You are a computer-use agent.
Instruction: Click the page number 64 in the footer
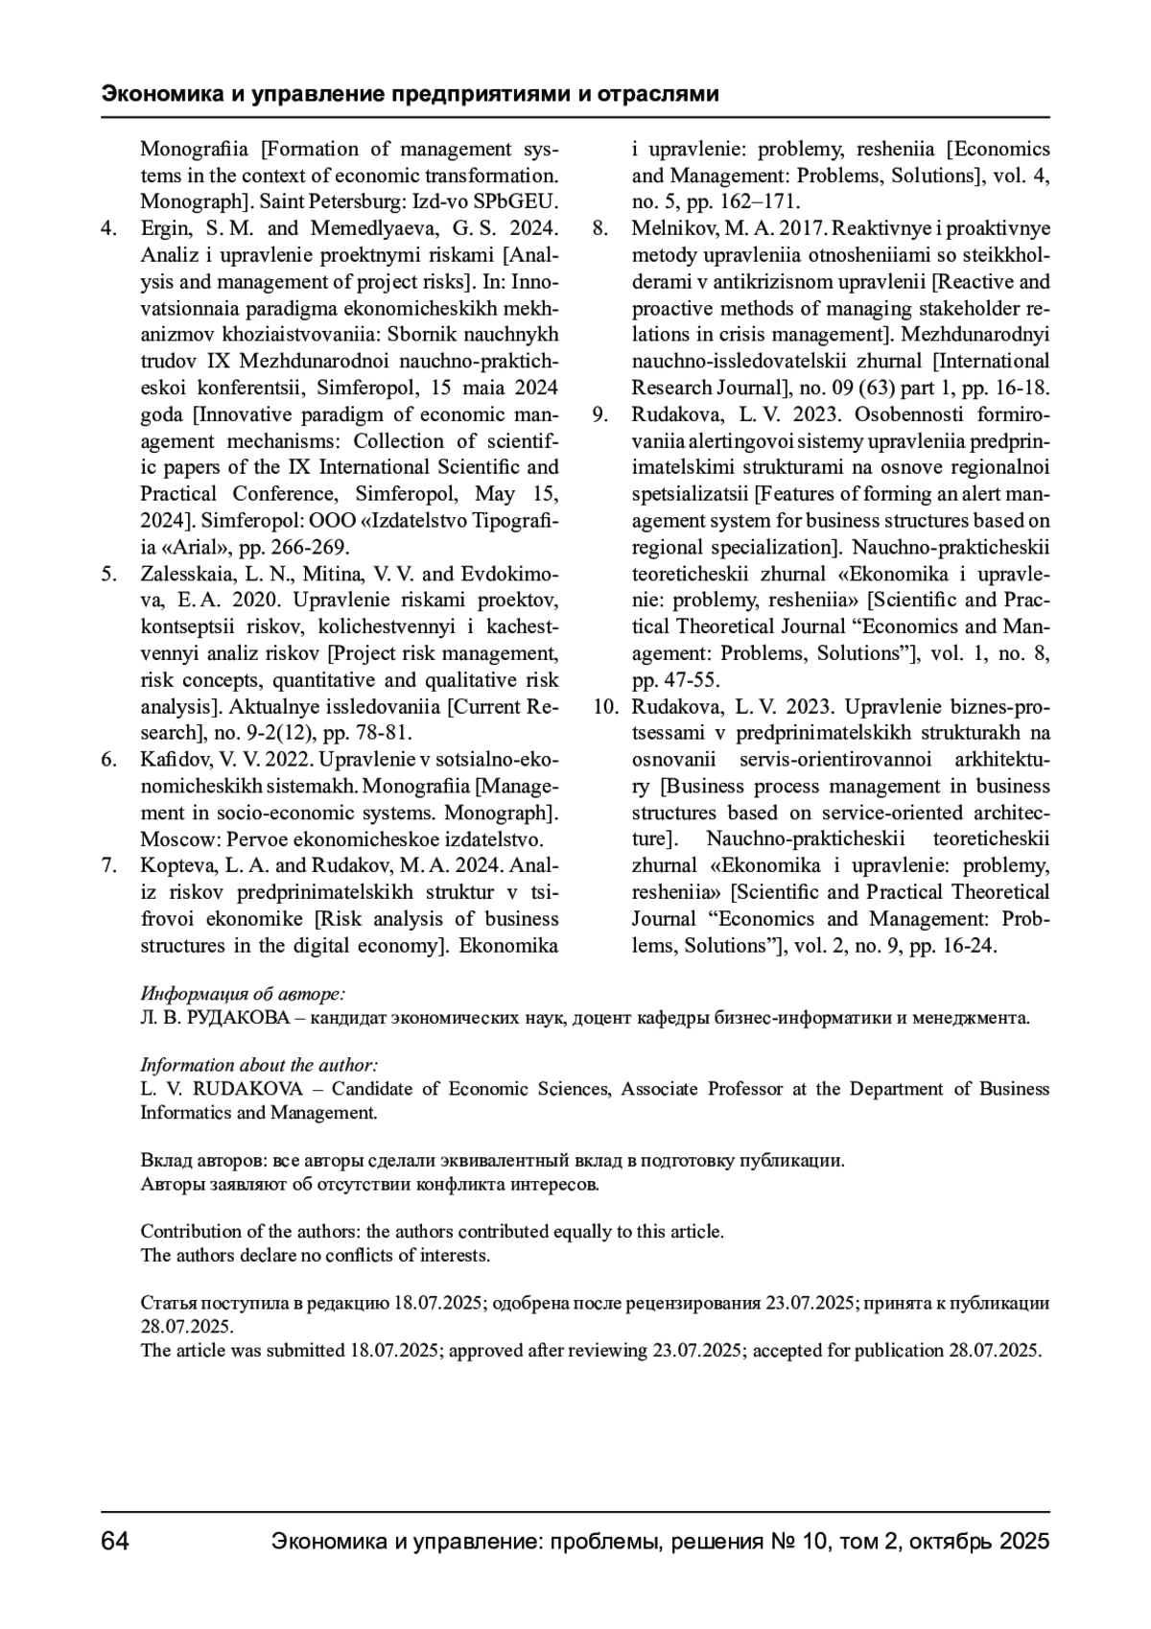coord(115,1542)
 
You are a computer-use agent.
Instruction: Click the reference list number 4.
coord(108,228)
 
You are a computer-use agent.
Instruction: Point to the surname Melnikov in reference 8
coord(669,228)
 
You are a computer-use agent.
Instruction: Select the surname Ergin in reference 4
coord(162,228)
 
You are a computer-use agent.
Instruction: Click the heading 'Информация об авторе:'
coord(243,993)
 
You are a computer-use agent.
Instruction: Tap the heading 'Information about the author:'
coord(259,1065)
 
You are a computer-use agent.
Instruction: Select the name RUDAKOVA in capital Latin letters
coord(248,1089)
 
